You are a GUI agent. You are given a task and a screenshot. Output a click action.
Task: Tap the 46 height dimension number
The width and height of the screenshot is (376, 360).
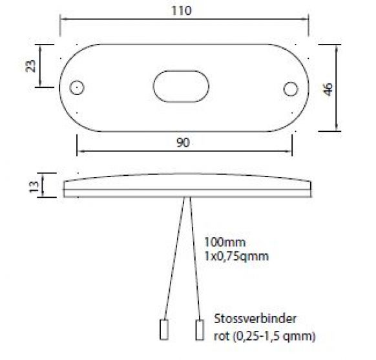(328, 89)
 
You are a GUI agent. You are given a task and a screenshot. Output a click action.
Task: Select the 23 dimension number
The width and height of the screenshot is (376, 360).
(30, 65)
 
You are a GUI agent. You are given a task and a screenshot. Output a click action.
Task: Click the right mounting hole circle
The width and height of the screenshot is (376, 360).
(291, 88)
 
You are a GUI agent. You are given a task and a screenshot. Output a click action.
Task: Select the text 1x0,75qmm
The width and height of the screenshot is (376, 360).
(236, 256)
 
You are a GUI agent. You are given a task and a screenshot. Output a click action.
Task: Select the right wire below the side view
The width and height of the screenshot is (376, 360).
(194, 259)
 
